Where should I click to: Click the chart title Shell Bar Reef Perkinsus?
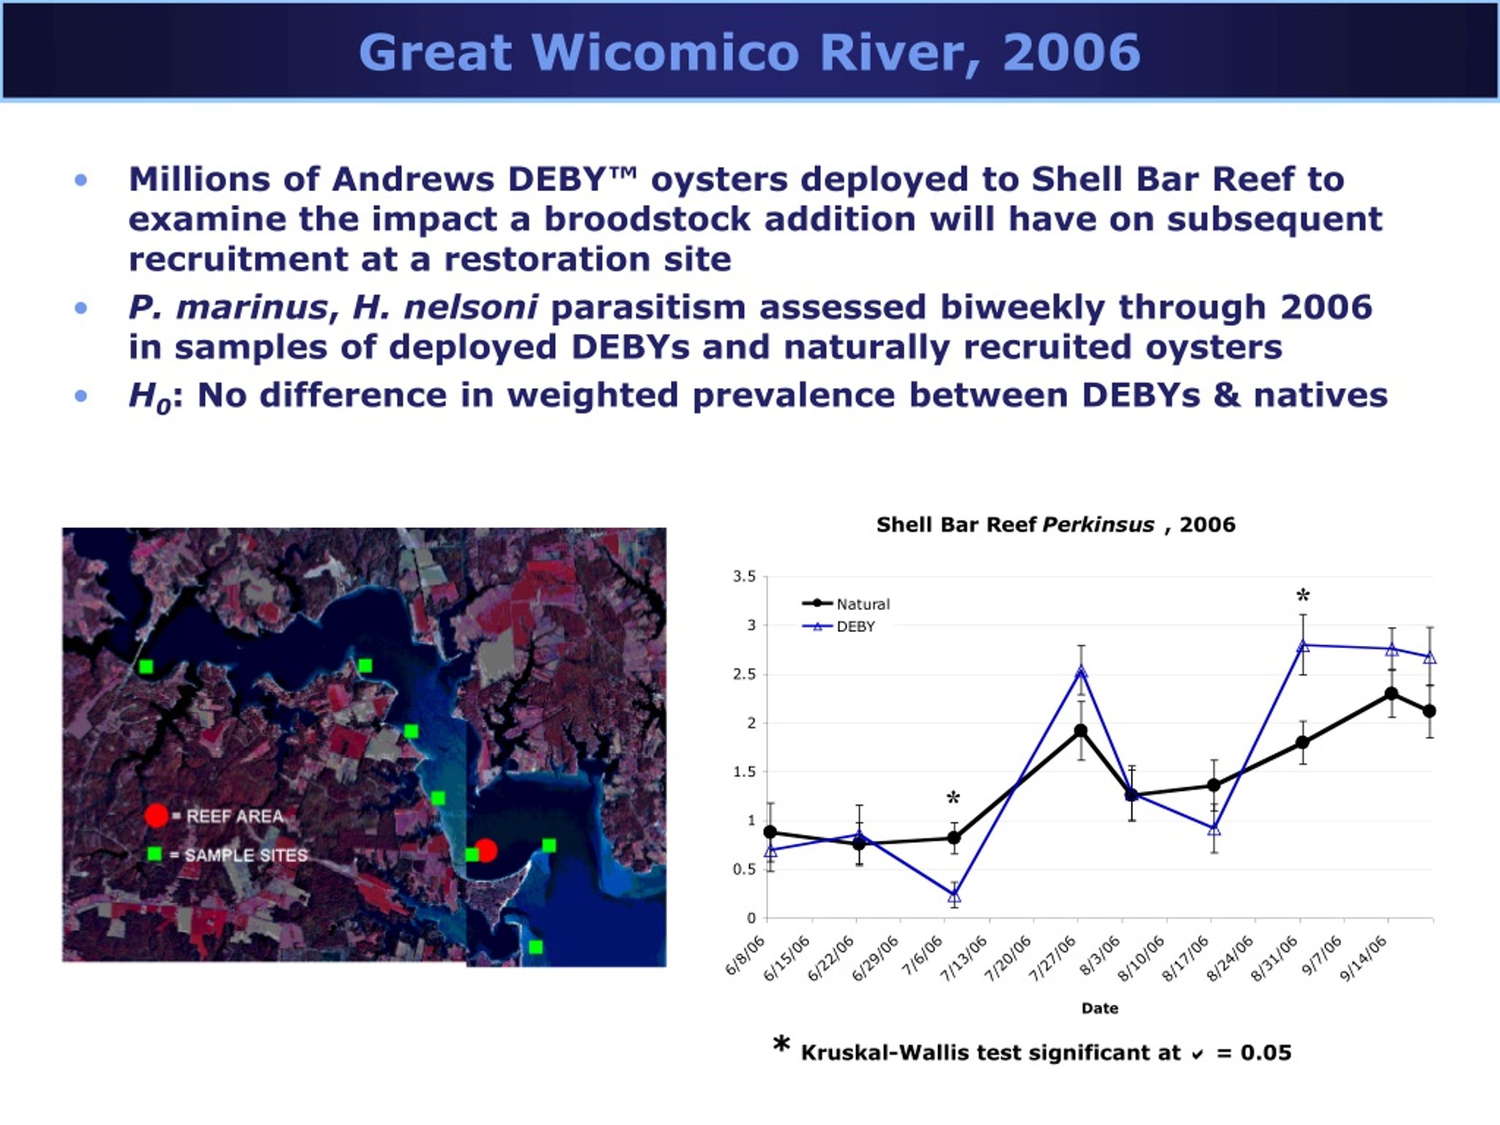1015,524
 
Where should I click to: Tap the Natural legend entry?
846,604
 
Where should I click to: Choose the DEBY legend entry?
839,626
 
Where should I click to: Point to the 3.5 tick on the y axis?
744,577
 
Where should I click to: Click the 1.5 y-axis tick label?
744,772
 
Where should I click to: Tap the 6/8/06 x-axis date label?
745,955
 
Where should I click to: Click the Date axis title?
1100,1008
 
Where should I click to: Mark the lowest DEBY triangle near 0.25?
954,896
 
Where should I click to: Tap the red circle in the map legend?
156,816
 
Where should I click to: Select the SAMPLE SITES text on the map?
246,855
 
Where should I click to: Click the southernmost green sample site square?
536,947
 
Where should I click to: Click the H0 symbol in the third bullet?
150,397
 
